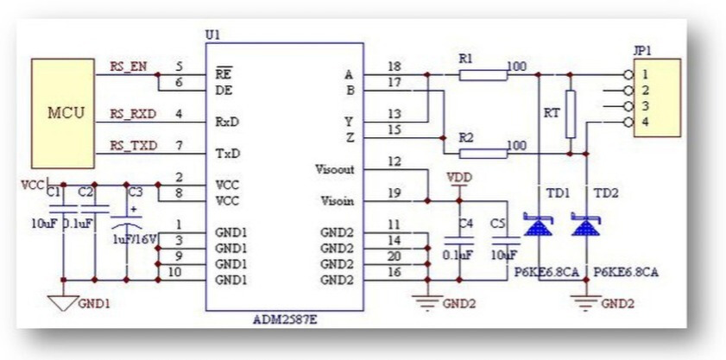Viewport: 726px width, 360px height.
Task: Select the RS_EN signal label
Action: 128,66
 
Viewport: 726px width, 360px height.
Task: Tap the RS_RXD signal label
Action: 132,113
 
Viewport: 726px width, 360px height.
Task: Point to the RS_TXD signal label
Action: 133,145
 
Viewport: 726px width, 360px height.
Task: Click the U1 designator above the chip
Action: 212,35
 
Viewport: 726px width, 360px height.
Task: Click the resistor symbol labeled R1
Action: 483,75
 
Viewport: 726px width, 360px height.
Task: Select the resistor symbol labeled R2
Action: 483,154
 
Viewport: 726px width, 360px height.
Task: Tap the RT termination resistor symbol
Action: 570,114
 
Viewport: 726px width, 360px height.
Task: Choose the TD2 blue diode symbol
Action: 587,227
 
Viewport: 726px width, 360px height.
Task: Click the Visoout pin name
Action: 337,170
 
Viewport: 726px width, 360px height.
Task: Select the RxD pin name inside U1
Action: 226,122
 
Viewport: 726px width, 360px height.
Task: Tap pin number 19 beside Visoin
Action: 395,193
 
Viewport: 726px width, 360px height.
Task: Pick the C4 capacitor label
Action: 466,224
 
